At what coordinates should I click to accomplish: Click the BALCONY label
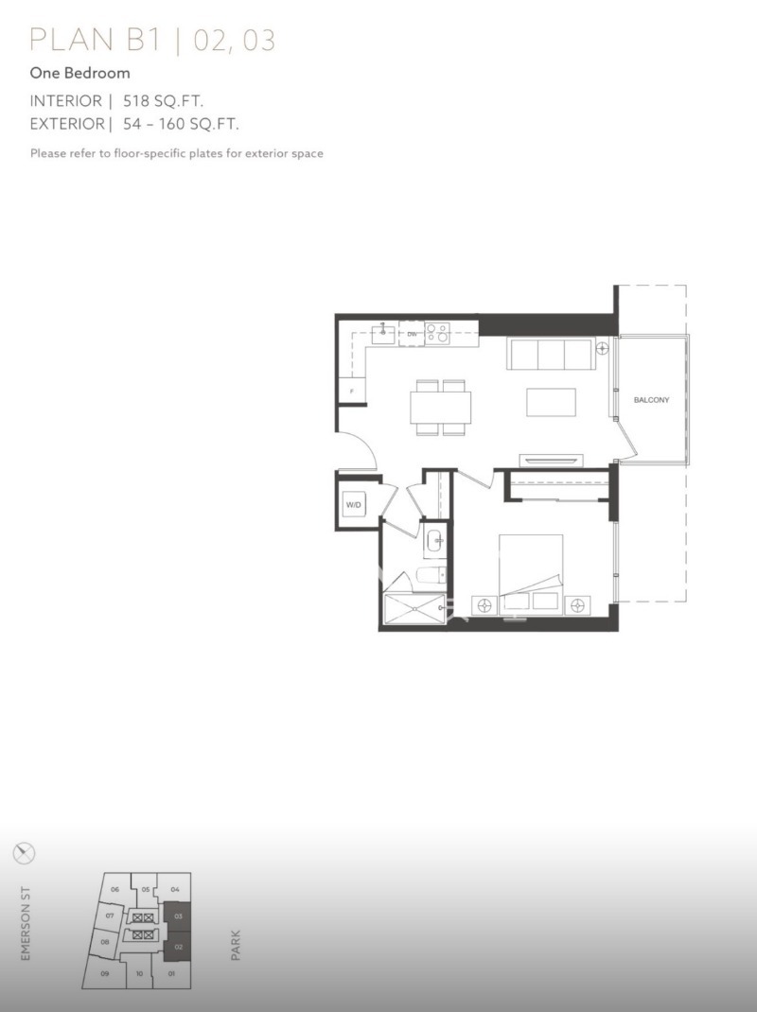click(x=651, y=400)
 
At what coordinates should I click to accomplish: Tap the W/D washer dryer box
click(x=353, y=505)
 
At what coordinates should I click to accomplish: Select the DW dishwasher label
click(x=412, y=334)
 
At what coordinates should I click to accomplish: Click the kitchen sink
click(x=383, y=334)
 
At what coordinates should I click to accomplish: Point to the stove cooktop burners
click(x=436, y=334)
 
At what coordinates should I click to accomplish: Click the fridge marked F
click(x=352, y=390)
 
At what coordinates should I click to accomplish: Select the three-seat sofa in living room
click(x=551, y=354)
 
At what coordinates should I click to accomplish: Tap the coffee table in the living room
click(x=551, y=402)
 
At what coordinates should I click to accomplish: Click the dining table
click(x=441, y=408)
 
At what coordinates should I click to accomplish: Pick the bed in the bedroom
click(x=530, y=574)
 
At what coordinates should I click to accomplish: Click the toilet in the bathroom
click(x=431, y=574)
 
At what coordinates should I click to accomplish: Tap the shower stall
click(x=414, y=609)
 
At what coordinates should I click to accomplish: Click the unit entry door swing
click(x=360, y=450)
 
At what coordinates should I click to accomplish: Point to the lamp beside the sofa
click(x=603, y=348)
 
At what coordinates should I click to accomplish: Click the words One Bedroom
click(x=80, y=73)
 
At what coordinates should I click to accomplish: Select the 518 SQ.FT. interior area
click(x=164, y=101)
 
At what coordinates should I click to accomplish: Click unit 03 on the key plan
click(x=178, y=916)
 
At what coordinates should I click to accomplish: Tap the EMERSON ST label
click(x=26, y=923)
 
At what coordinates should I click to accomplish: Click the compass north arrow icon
click(x=24, y=853)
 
